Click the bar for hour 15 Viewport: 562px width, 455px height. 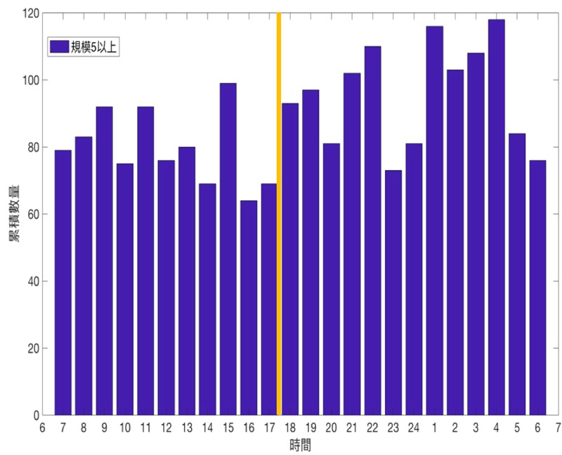pyautogui.click(x=228, y=249)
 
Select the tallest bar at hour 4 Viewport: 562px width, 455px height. pyautogui.click(x=496, y=218)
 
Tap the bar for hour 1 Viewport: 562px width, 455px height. pyautogui.click(x=434, y=220)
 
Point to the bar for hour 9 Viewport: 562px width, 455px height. pyautogui.click(x=104, y=261)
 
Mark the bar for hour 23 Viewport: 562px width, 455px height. pyautogui.click(x=393, y=292)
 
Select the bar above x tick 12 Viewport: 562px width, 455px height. pyautogui.click(x=166, y=287)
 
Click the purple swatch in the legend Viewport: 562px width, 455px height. pyautogui.click(x=58, y=46)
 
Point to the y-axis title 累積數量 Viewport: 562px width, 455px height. pyautogui.click(x=14, y=214)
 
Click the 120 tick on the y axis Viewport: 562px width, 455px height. pyautogui.click(x=30, y=13)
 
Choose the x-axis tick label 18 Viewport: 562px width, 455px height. pyautogui.click(x=289, y=427)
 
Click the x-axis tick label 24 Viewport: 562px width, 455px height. pyautogui.click(x=413, y=427)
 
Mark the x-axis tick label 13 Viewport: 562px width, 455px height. pyautogui.click(x=186, y=427)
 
